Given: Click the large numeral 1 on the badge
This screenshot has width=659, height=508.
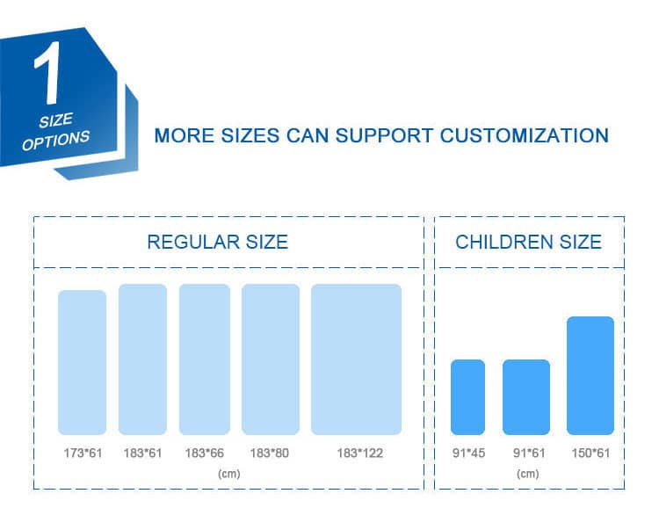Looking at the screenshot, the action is tap(48, 73).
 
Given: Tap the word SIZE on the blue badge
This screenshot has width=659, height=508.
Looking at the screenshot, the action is tap(56, 120).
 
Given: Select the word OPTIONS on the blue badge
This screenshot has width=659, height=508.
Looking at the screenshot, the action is tap(55, 140).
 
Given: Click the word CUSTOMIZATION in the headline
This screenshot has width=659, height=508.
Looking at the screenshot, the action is tap(524, 136).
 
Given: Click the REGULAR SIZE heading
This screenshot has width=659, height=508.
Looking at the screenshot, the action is tap(217, 243).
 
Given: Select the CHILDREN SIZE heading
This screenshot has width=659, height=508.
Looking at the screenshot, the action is tap(528, 243).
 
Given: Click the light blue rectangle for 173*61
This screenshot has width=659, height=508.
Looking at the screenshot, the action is tap(82, 362).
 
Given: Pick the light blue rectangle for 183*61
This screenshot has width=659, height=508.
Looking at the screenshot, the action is tap(142, 359).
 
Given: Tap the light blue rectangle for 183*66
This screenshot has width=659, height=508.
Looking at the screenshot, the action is tap(205, 359).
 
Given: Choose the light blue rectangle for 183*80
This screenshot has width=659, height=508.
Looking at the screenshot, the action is tap(271, 359).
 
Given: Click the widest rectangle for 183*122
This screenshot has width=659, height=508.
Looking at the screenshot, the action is tap(357, 359).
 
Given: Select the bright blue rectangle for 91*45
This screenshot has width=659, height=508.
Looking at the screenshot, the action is tap(467, 397).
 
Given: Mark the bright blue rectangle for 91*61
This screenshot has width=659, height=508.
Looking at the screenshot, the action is tap(526, 397).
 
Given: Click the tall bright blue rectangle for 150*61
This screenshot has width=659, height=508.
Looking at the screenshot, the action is tap(590, 375).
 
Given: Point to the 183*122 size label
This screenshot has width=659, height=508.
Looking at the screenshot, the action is tap(359, 453).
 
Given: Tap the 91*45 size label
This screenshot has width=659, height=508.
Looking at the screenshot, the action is tap(468, 453).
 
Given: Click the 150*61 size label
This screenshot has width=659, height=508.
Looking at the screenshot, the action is tap(590, 453).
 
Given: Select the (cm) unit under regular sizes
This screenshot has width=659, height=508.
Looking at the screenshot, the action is tap(229, 474).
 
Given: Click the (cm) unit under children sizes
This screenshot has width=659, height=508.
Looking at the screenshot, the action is tap(528, 474).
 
